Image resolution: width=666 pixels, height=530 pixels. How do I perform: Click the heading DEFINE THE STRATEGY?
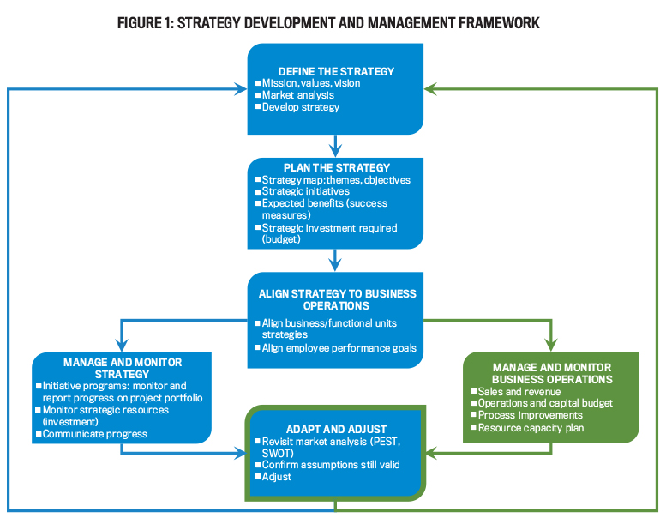pyautogui.click(x=336, y=70)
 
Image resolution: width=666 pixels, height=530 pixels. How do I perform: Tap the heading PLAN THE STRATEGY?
pyautogui.click(x=335, y=167)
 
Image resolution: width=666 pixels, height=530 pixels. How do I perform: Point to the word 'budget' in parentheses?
pyautogui.click(x=283, y=239)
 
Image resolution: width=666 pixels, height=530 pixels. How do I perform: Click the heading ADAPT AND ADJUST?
pyautogui.click(x=335, y=428)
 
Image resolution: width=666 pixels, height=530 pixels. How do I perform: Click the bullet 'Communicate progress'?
pyautogui.click(x=94, y=434)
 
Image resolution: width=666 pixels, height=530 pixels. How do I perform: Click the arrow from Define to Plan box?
pyautogui.click(x=336, y=146)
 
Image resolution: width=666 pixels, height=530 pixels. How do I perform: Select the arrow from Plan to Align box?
pyautogui.click(x=336, y=259)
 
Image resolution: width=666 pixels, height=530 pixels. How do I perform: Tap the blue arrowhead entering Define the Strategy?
pyautogui.click(x=242, y=88)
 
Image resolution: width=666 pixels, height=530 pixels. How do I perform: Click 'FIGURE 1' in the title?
pyautogui.click(x=151, y=23)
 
